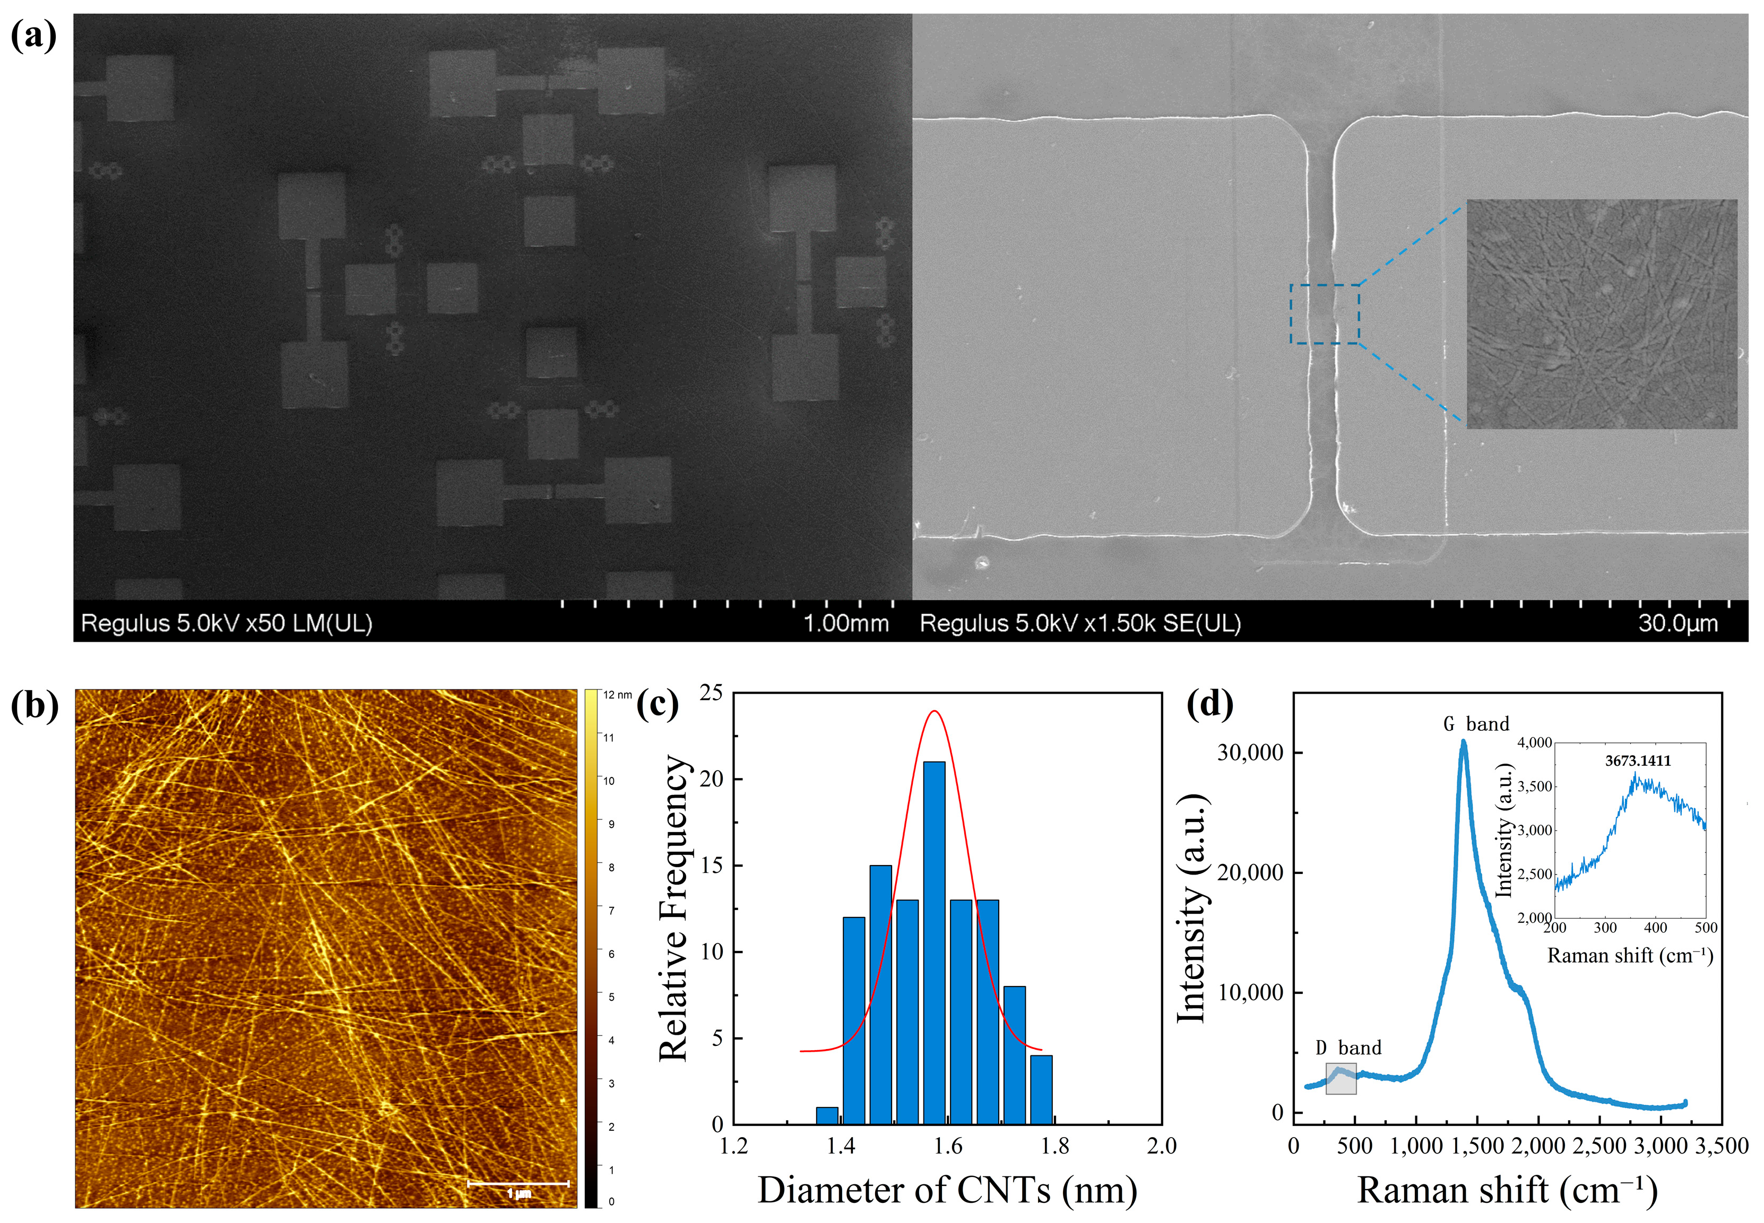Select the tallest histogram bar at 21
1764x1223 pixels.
coord(934,942)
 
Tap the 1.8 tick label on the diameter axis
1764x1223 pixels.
coord(1055,1147)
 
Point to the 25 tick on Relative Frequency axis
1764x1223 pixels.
coord(712,693)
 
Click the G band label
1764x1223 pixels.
coord(1476,723)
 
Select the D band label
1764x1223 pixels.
coord(1348,1047)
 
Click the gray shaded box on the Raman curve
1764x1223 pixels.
coord(1341,1078)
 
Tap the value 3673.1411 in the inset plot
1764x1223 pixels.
coord(1638,761)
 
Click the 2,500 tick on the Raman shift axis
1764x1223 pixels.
coord(1599,1147)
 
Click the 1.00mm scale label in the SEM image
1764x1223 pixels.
coord(845,623)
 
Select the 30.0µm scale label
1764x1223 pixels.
coord(1678,623)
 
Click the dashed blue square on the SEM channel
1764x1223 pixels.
coord(1325,314)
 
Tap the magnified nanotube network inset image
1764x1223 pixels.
coord(1602,314)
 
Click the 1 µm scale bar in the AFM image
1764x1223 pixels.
coord(518,1184)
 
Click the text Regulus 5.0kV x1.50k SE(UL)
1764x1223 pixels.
coord(1079,623)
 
